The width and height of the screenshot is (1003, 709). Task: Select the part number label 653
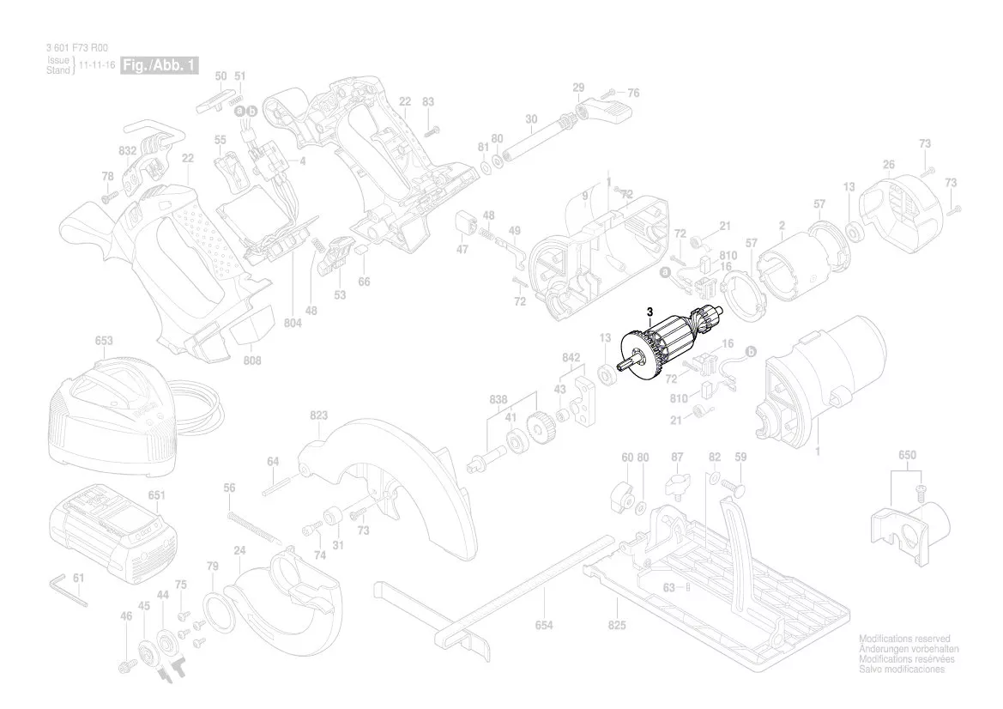pyautogui.click(x=103, y=341)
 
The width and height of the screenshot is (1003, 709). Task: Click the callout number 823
pyautogui.click(x=318, y=415)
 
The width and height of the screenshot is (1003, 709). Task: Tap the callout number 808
pyautogui.click(x=251, y=361)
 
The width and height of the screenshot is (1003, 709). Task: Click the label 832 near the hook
pyautogui.click(x=128, y=150)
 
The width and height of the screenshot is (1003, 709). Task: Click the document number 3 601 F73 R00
pyautogui.click(x=76, y=51)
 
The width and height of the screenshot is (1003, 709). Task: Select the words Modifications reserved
pyautogui.click(x=904, y=639)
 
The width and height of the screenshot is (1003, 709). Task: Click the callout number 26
pyautogui.click(x=889, y=164)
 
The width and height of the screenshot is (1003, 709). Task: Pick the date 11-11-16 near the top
pyautogui.click(x=97, y=65)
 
